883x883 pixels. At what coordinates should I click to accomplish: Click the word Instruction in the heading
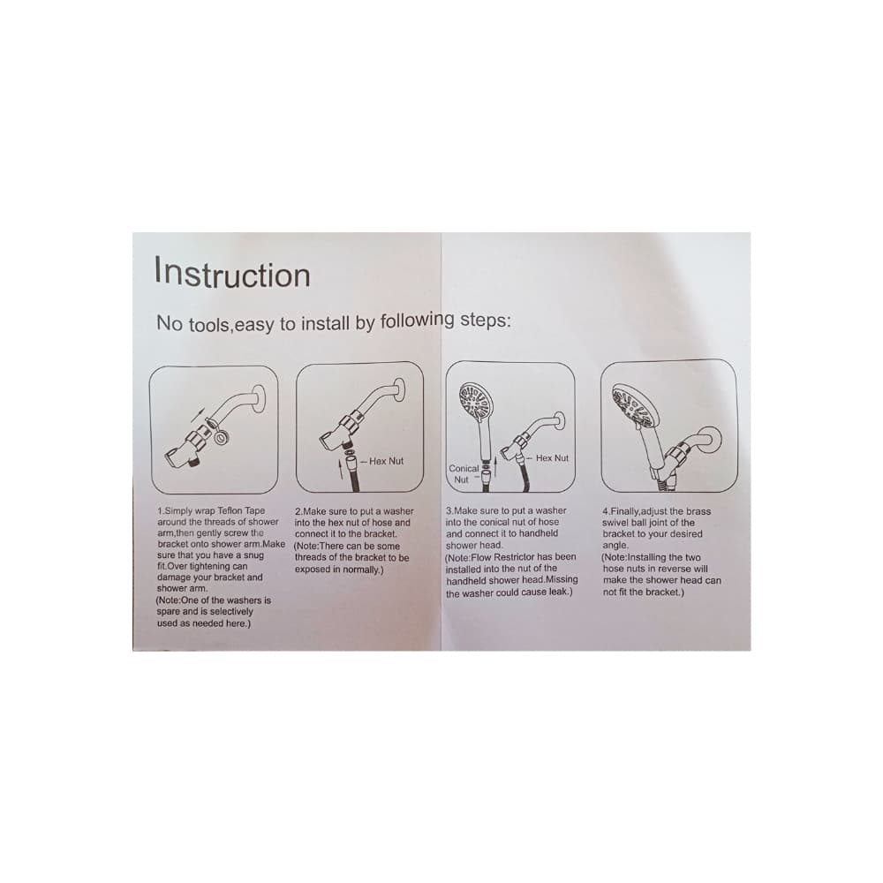(x=232, y=273)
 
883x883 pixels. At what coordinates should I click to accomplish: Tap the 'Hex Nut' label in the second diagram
(x=387, y=461)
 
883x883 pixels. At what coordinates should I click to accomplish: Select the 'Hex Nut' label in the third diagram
(x=552, y=458)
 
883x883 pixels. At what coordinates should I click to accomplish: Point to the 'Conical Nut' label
(x=463, y=474)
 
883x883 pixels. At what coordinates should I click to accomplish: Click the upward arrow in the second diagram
(x=340, y=469)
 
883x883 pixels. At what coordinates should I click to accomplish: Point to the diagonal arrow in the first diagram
(x=197, y=417)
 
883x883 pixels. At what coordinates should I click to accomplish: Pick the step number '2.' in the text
(x=299, y=511)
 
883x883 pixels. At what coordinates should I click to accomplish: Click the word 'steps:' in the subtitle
(x=486, y=321)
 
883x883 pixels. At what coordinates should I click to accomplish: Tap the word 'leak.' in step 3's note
(x=561, y=592)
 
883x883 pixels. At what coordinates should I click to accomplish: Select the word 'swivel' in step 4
(x=615, y=523)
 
